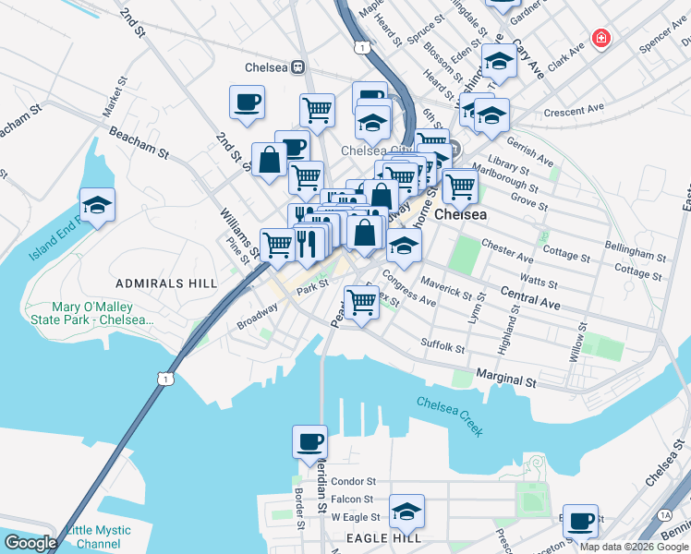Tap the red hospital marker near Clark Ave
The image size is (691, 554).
click(601, 39)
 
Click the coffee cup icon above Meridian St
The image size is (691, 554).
click(309, 441)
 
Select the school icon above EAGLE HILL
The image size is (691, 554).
click(406, 511)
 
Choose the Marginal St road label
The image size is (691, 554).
click(506, 379)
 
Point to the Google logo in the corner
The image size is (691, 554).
click(30, 543)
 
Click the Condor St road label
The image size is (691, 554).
click(353, 481)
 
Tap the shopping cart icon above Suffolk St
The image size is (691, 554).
click(362, 302)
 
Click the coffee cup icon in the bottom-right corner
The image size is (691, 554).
click(580, 521)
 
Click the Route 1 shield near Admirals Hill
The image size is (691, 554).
click(164, 379)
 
